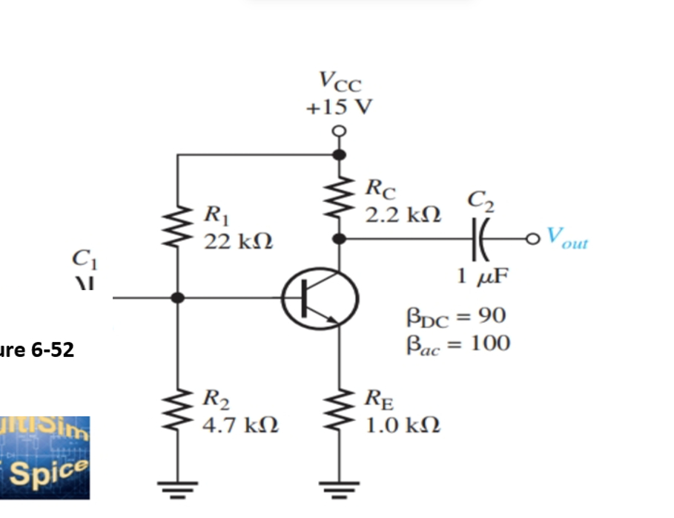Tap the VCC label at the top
point(340,79)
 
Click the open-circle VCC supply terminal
point(340,131)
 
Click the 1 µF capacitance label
point(481,278)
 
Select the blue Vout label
point(567,237)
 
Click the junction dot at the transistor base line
point(178,298)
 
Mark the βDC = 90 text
point(456,317)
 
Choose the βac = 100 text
point(457,344)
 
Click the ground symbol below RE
point(340,488)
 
